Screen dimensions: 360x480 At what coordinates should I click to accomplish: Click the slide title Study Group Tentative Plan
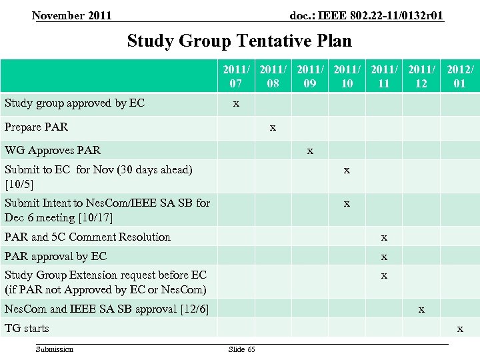pos(239,41)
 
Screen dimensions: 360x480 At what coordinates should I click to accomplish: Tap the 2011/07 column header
pos(235,77)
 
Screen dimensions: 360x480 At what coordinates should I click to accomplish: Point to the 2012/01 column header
pos(460,77)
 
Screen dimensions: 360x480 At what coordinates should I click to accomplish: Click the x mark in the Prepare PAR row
pos(273,126)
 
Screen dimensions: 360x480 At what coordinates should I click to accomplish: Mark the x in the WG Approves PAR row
pos(310,150)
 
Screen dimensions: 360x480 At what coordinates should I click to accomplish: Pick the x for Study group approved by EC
pos(235,103)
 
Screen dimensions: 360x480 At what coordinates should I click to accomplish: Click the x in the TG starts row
pos(460,328)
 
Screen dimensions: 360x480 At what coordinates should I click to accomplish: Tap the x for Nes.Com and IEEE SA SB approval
pos(421,309)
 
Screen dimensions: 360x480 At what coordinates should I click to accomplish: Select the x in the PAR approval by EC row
pos(384,256)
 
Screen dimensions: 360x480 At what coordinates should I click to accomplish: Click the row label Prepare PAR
pos(36,127)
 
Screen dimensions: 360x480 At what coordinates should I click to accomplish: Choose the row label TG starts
pos(27,328)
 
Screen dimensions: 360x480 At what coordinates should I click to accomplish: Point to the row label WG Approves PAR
pos(53,150)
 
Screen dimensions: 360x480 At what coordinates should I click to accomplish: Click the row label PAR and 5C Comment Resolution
pos(87,237)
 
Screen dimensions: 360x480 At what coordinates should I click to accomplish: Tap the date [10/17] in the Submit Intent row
pos(96,218)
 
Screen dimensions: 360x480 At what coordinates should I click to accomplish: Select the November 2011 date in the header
pos(72,15)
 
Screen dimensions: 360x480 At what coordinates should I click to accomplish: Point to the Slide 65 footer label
pos(241,349)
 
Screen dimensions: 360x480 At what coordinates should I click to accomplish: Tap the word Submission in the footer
pos(55,349)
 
